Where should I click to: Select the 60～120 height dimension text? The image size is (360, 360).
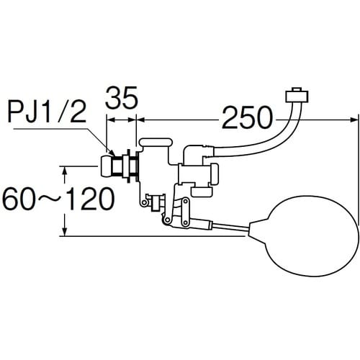[x=58, y=199]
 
